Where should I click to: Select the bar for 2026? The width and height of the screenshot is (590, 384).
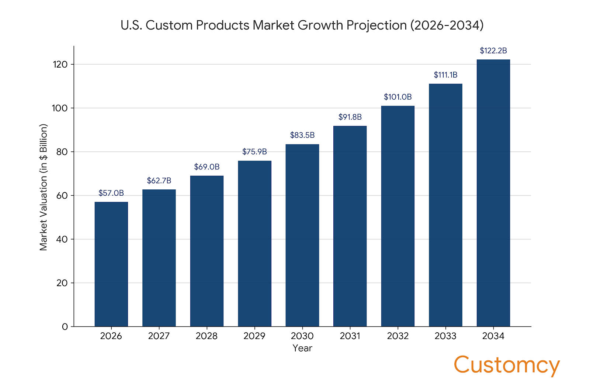click(111, 264)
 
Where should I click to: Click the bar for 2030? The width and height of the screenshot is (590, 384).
click(302, 235)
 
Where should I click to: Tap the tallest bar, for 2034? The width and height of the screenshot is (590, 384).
click(493, 193)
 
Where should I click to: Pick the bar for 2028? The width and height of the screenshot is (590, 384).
click(206, 251)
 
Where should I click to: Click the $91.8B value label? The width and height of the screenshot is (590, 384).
click(350, 117)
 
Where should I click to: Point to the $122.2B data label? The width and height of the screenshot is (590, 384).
click(493, 51)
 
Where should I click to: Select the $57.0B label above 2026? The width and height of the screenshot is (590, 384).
click(111, 193)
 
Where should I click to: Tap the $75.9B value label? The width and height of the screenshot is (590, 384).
click(254, 152)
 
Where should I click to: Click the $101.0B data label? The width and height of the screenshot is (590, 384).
click(398, 97)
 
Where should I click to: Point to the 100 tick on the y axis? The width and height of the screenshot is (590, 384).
click(60, 108)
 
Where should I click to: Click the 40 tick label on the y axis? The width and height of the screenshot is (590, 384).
click(62, 239)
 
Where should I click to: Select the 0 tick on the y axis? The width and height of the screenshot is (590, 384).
click(65, 327)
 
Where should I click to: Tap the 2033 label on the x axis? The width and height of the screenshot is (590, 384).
click(445, 336)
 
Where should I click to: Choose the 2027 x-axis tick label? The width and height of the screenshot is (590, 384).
click(159, 336)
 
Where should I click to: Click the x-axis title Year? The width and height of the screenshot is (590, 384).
click(302, 348)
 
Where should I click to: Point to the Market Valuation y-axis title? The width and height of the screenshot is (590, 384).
click(44, 187)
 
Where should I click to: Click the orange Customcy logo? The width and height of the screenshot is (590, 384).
click(506, 365)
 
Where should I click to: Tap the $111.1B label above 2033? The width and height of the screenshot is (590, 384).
click(445, 75)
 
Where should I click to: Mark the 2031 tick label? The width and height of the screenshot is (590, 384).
click(350, 336)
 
